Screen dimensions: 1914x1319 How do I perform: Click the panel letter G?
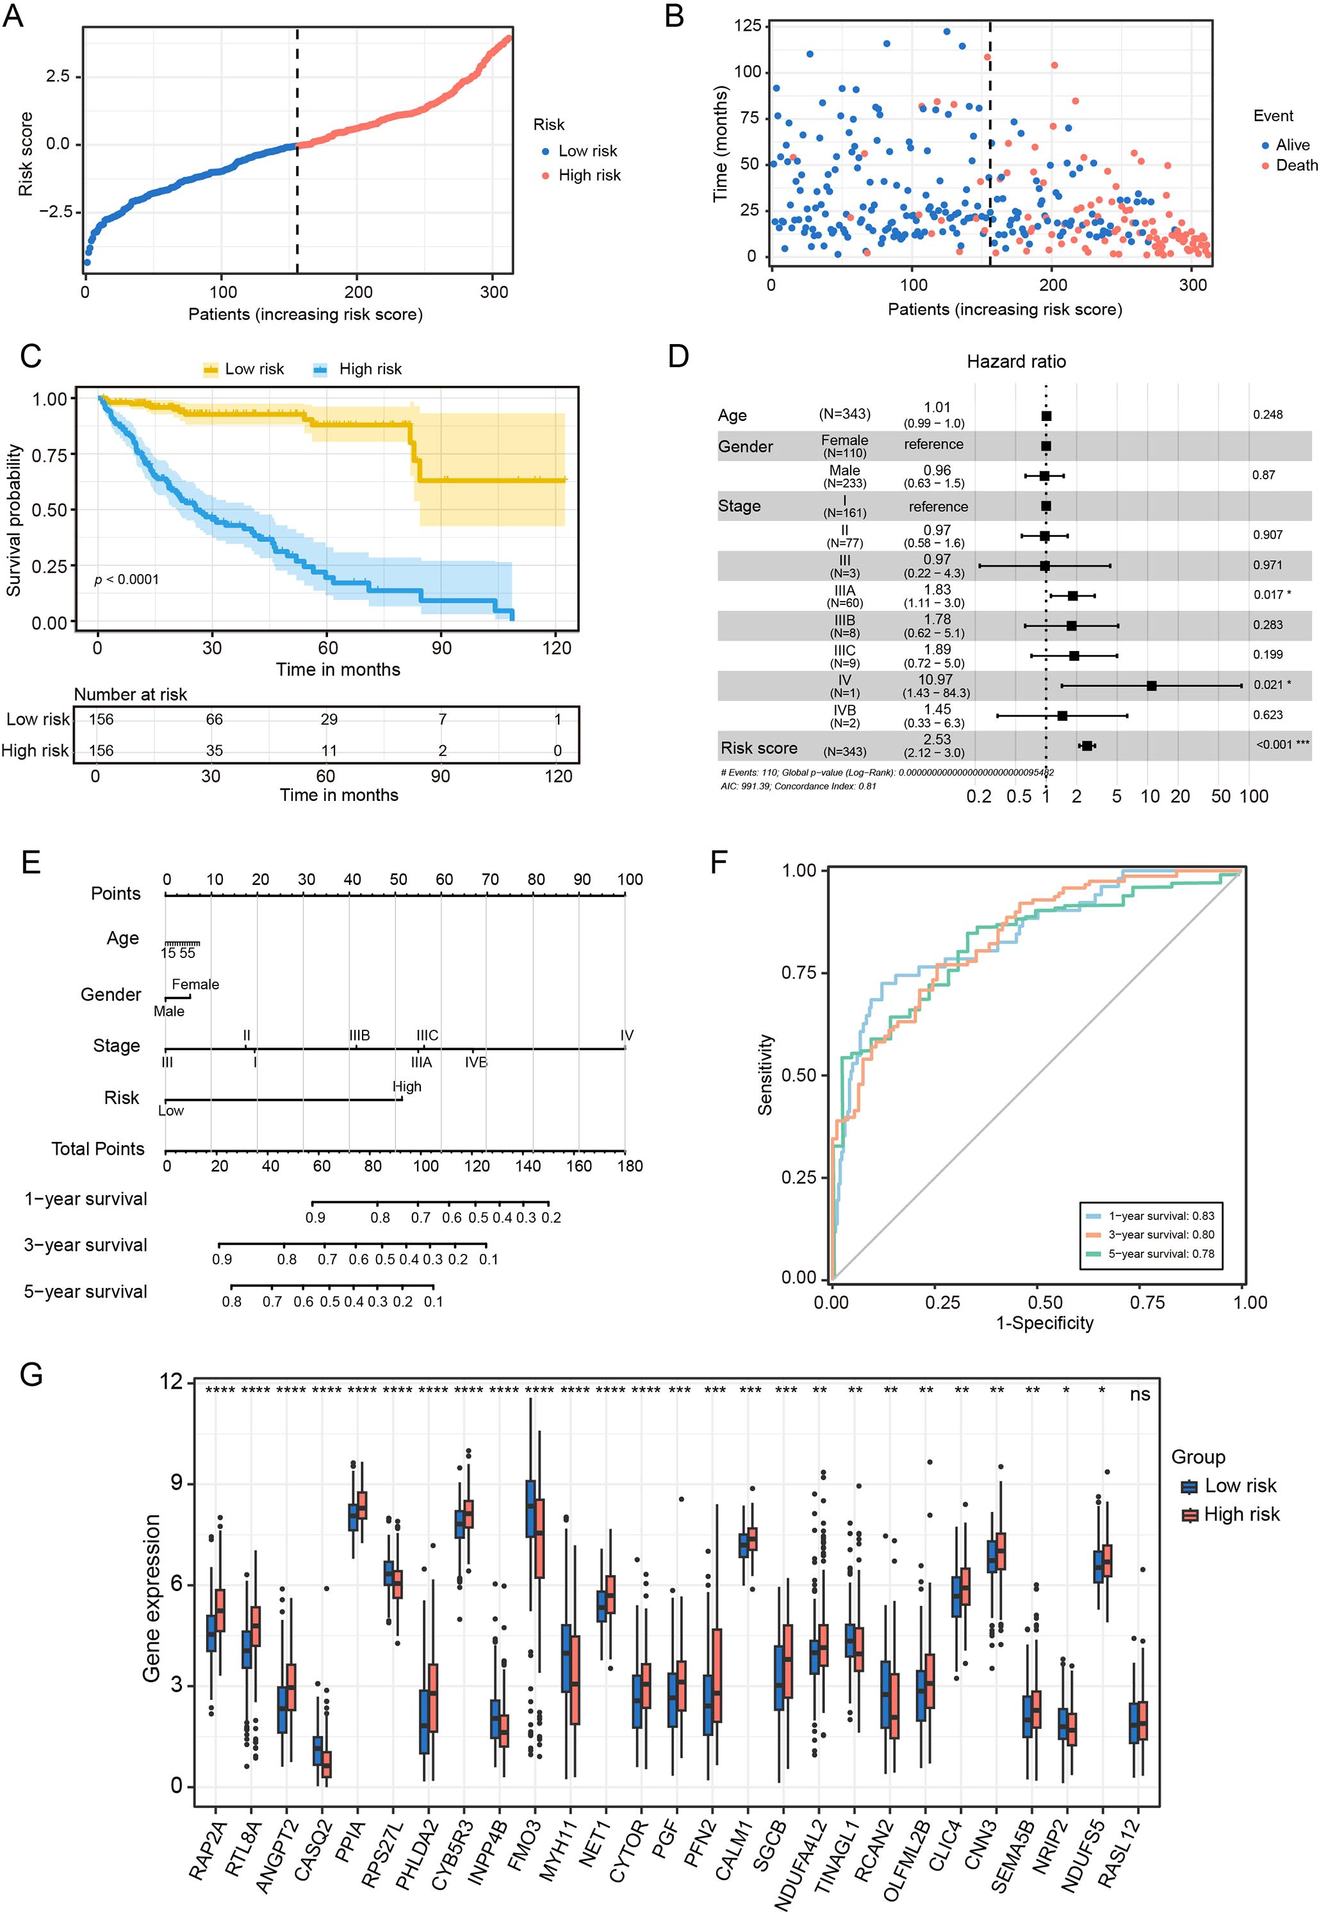31,1375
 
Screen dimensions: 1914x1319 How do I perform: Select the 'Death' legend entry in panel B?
1296,165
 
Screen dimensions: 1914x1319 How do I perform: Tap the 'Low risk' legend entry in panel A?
587,151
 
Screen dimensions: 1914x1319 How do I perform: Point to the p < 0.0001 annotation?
126,579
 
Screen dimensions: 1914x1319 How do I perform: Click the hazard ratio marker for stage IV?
1151,686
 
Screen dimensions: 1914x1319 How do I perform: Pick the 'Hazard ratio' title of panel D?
1016,361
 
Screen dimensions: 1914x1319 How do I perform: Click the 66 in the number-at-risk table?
214,719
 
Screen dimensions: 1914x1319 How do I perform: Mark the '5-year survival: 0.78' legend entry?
1160,1254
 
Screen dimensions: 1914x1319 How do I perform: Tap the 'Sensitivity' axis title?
766,1075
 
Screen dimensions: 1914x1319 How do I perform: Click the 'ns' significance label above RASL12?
1140,1395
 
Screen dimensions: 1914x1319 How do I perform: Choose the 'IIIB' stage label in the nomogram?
359,1035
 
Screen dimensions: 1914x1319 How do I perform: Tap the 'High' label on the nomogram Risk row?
407,1086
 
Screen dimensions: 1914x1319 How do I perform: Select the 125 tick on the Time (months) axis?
747,26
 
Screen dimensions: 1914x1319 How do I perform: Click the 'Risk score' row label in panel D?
758,748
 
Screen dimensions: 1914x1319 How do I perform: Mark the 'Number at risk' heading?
131,694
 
